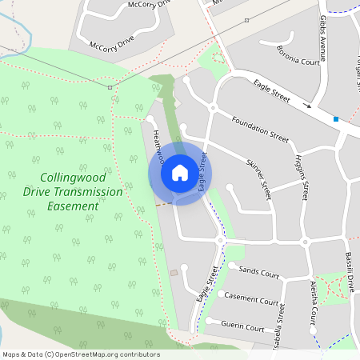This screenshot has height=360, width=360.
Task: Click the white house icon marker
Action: point(180,173)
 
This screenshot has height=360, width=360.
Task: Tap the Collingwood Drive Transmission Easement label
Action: point(73,192)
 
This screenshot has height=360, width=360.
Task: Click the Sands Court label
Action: point(259,274)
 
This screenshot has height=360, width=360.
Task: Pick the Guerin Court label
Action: point(244,327)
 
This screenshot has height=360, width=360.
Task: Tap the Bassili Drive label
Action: point(350,272)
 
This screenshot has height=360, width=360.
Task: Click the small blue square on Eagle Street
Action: point(336,119)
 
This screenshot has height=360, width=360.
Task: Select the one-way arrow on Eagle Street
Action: point(307,105)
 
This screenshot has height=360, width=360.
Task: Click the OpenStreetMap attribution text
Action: point(81,354)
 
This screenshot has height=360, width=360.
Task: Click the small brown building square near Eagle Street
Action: point(174,273)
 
